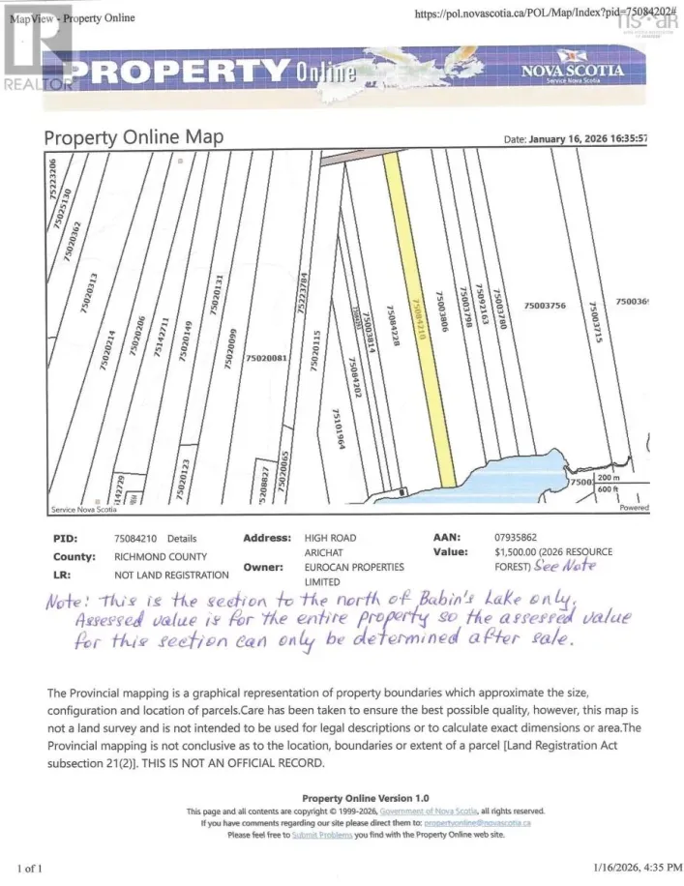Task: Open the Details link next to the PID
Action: pos(181,539)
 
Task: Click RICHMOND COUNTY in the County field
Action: pos(160,557)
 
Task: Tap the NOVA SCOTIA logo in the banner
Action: pos(572,73)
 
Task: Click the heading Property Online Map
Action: pos(134,137)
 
